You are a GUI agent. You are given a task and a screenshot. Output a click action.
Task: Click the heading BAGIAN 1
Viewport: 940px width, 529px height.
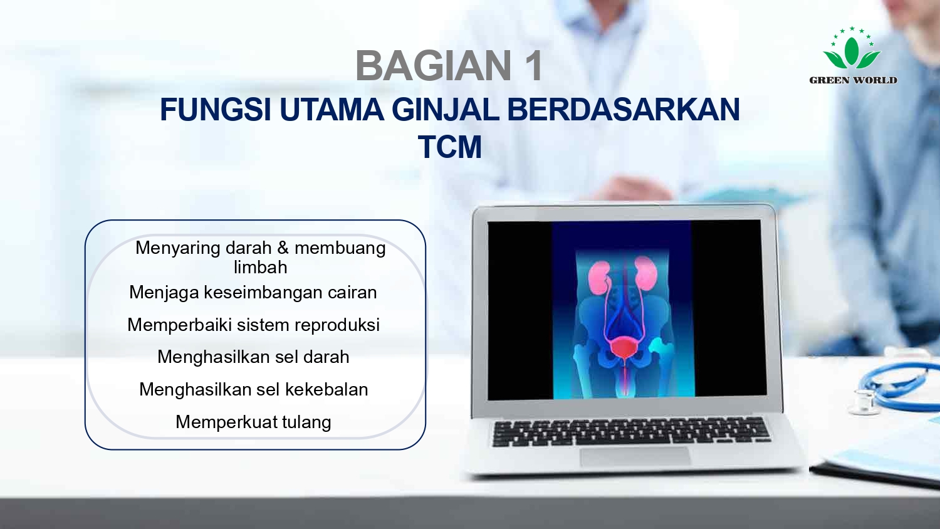tap(449, 66)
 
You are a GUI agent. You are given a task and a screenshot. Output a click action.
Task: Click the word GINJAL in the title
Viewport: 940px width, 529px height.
tap(445, 110)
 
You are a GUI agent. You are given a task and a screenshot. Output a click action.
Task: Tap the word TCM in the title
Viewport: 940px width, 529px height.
tap(449, 148)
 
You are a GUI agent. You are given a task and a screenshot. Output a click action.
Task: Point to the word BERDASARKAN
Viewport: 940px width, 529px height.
tap(623, 110)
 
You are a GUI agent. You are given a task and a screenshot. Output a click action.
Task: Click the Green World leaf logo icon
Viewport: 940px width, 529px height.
tap(852, 50)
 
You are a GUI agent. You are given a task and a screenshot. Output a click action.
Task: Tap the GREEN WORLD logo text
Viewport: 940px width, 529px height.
tap(853, 80)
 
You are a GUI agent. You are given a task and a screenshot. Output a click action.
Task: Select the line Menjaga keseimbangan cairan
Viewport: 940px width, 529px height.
tap(253, 293)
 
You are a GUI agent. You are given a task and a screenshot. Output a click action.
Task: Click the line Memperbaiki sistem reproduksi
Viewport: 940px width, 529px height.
tap(253, 325)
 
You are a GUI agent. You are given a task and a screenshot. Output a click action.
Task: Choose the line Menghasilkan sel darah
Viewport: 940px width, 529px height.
tap(253, 357)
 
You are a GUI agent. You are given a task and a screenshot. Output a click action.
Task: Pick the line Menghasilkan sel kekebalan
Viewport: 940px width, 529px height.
tap(253, 390)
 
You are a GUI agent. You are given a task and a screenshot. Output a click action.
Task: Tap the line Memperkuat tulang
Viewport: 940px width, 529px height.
tap(253, 422)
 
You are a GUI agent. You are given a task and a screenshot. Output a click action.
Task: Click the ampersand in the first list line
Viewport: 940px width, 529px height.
tap(283, 248)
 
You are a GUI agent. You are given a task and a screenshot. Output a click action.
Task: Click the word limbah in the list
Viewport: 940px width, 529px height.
tap(260, 268)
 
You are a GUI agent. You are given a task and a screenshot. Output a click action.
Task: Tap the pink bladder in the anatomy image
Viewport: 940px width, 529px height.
tap(623, 347)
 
